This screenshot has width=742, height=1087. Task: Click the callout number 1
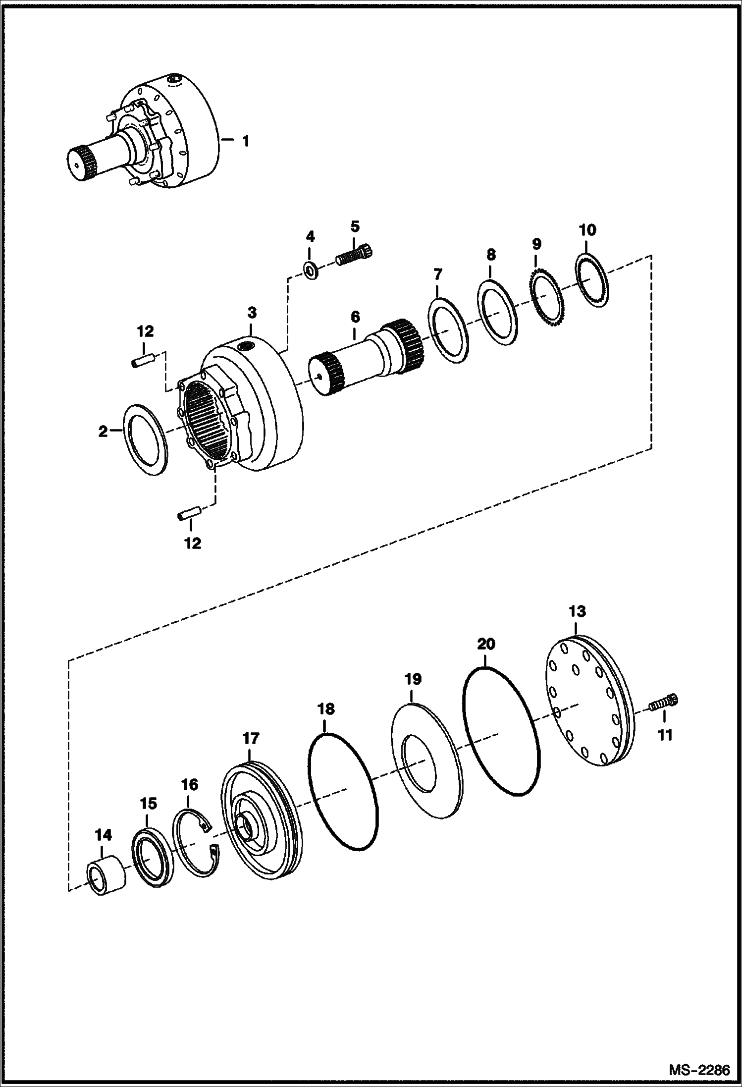pos(245,142)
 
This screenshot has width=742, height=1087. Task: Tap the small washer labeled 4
pos(311,271)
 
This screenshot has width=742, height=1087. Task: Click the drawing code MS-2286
pos(699,1070)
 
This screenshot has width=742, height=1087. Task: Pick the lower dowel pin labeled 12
pos(189,513)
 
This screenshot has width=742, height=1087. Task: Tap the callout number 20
pos(486,645)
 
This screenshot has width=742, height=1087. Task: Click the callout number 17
pos(251,739)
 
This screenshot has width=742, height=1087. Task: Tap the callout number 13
pos(577,612)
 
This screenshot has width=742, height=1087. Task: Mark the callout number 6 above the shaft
pos(355,317)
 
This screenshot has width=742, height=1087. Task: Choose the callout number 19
pos(413,679)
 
